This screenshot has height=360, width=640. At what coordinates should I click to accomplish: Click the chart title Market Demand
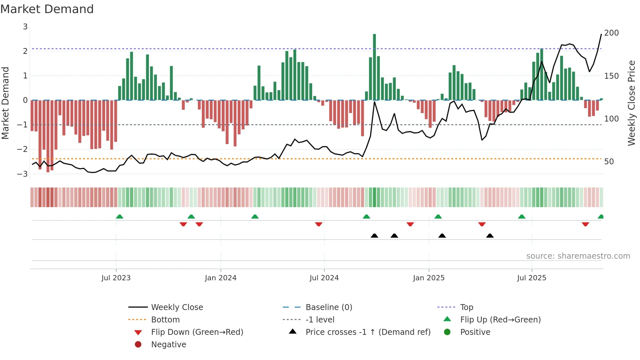(x=47, y=9)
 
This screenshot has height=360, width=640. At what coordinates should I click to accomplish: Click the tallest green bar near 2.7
(x=374, y=65)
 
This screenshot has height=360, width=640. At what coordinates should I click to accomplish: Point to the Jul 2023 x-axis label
(x=116, y=278)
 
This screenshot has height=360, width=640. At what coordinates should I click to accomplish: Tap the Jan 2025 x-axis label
(x=428, y=278)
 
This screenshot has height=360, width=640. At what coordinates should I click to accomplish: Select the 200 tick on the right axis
(x=611, y=33)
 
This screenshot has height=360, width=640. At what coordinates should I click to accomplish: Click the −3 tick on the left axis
(x=23, y=174)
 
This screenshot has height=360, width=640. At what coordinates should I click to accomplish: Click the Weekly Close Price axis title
(x=632, y=103)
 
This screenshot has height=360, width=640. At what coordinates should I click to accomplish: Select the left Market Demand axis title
(x=5, y=103)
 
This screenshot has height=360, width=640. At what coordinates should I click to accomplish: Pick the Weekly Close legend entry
(x=177, y=307)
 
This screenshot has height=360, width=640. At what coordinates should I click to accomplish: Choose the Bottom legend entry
(x=165, y=320)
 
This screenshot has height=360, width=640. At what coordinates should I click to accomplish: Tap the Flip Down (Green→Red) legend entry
(x=197, y=332)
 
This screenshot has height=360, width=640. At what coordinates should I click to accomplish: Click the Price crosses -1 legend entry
(x=368, y=332)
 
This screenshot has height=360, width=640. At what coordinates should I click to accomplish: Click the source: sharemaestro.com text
(x=578, y=256)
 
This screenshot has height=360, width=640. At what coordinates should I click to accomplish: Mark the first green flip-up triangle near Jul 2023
(x=120, y=217)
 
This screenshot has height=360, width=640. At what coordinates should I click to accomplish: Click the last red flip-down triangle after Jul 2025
(x=585, y=224)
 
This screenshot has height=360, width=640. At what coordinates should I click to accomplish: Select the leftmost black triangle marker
(x=375, y=236)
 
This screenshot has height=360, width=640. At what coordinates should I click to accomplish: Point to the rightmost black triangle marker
(x=490, y=236)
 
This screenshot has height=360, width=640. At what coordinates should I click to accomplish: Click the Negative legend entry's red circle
(x=138, y=345)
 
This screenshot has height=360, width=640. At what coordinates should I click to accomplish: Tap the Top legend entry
(x=467, y=307)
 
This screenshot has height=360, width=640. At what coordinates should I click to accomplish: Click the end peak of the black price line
(x=601, y=34)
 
